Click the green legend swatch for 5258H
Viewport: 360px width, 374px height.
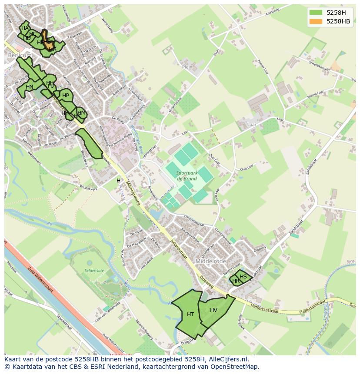click(316, 13)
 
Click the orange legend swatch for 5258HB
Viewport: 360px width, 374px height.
click(316, 21)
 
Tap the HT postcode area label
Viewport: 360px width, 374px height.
click(190, 314)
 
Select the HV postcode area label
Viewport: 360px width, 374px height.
click(213, 310)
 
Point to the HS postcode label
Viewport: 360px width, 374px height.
click(243, 277)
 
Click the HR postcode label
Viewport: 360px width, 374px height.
click(236, 281)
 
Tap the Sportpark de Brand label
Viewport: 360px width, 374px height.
click(187, 175)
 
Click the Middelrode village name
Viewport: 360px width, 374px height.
click(211, 261)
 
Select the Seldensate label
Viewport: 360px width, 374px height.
click(95, 271)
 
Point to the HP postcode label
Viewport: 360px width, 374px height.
click(66, 96)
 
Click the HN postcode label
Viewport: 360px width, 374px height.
click(30, 87)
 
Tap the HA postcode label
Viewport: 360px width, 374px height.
click(25, 28)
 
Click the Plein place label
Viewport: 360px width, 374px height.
click(187, 67)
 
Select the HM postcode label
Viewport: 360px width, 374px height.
click(81, 113)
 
